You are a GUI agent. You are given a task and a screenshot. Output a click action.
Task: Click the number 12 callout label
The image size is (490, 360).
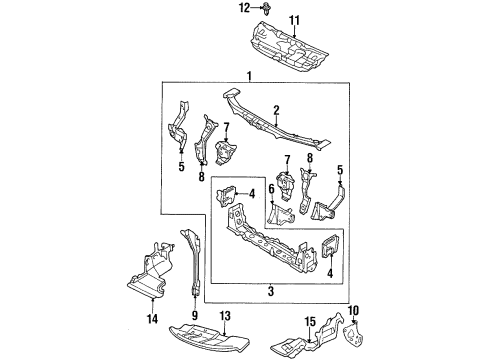[x=244, y=7]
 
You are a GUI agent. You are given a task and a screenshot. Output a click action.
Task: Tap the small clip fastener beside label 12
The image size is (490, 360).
[x=266, y=8]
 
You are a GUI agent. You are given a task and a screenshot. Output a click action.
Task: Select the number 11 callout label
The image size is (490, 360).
[x=294, y=21]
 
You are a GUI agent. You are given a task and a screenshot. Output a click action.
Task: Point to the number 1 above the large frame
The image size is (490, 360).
[x=249, y=76]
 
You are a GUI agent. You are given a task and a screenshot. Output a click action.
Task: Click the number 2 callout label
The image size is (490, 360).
[x=276, y=111]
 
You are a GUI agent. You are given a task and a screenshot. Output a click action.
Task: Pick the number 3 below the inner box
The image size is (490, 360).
[x=271, y=291]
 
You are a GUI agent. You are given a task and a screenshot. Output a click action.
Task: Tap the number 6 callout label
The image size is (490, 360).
[x=271, y=190]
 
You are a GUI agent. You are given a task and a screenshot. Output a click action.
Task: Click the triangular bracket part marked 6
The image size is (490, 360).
[x=281, y=215]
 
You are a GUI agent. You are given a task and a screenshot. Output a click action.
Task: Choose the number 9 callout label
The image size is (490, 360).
[x=195, y=315]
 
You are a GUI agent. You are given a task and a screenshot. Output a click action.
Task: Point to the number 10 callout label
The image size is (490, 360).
[x=354, y=311]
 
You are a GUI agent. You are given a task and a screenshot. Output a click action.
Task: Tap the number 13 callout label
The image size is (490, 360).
[x=226, y=316]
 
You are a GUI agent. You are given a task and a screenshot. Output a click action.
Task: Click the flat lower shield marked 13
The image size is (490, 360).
[x=209, y=337]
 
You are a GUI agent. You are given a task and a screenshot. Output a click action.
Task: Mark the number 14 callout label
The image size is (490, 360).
[x=152, y=319]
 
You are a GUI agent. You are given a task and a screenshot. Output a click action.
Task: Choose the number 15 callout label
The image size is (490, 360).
[x=310, y=322]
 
